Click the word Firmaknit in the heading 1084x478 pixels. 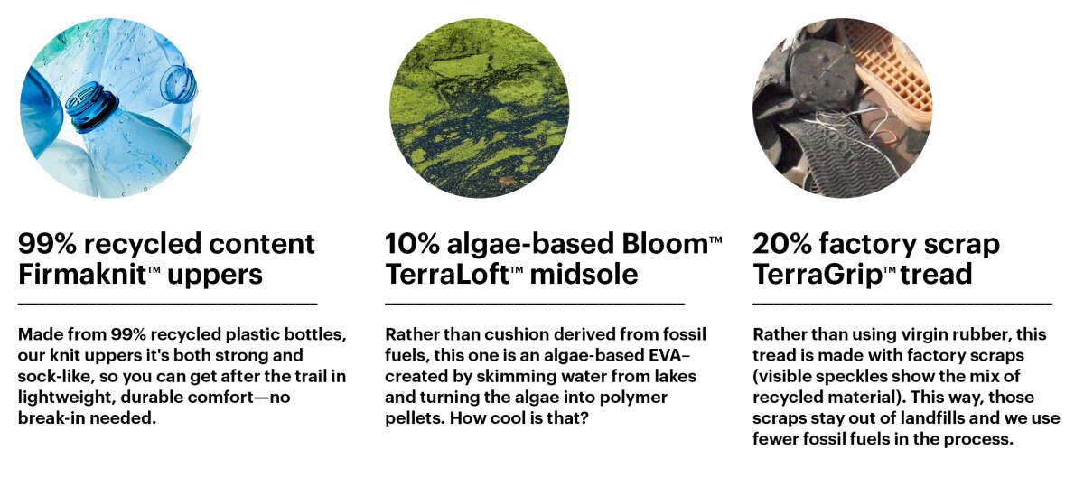82,274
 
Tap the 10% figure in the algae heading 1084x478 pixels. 412,243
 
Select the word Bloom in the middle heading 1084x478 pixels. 665,243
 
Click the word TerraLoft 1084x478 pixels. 446,274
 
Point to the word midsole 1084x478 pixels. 584,274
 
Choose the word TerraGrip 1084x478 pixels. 818,275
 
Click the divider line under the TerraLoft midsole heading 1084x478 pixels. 535,304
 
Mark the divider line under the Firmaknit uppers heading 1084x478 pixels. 167,304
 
